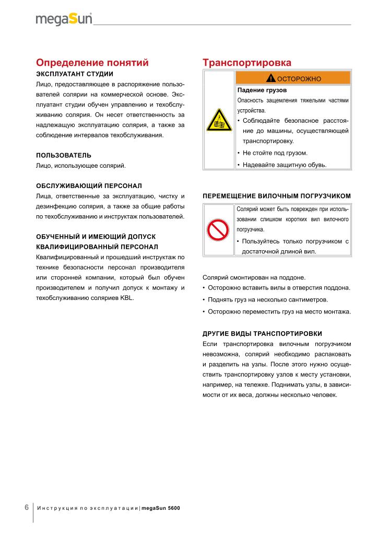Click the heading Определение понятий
click(92, 63)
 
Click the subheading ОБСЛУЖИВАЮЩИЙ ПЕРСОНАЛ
click(89, 185)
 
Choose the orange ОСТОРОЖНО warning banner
click(293, 78)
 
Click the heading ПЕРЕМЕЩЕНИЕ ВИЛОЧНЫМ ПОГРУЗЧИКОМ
click(276, 196)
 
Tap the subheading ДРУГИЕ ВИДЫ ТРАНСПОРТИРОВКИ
click(262, 333)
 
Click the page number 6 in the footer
click(27, 507)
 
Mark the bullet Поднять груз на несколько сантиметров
click(268, 300)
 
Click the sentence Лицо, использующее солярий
click(81, 166)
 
